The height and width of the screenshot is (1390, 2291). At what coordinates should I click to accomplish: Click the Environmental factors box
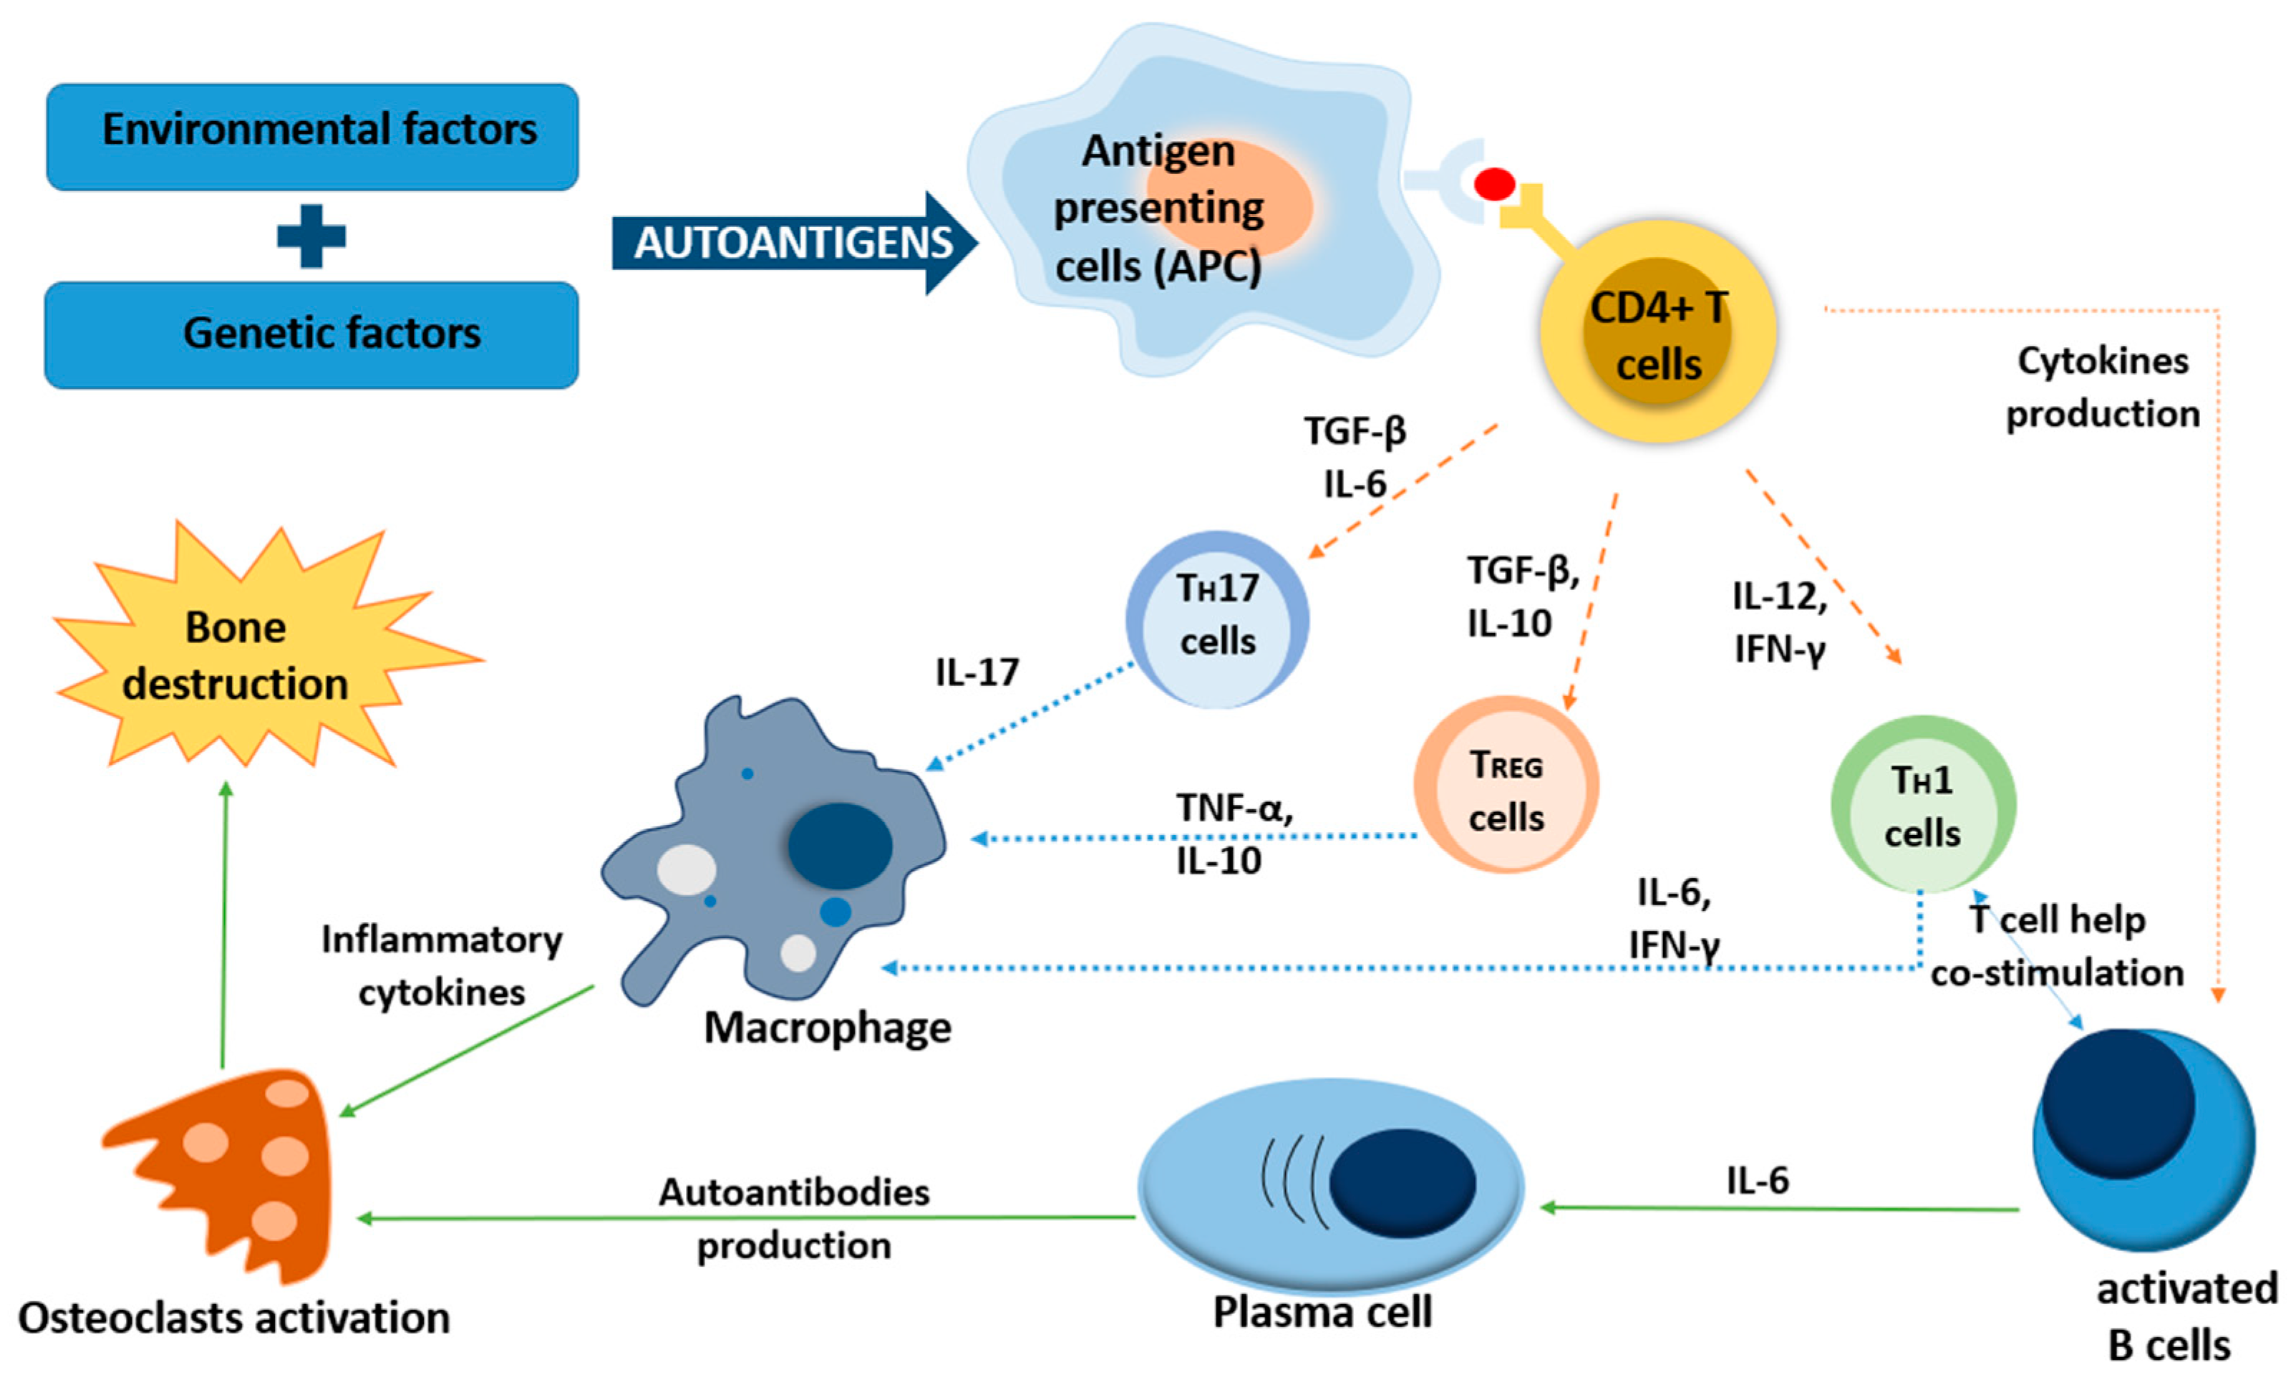pos(312,137)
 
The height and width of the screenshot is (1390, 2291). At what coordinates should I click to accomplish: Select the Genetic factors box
pos(311,334)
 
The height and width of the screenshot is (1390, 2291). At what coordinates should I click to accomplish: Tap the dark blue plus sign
pos(311,236)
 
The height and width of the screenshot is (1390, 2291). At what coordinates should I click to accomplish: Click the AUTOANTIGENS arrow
pos(795,243)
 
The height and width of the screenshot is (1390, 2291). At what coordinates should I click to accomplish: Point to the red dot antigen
pos(1494,183)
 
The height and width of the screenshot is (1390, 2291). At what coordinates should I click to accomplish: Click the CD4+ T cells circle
pos(1658,331)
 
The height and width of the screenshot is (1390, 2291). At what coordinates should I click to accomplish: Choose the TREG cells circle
pos(1506,783)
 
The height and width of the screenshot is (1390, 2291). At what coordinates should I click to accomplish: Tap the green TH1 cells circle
pos(1923,803)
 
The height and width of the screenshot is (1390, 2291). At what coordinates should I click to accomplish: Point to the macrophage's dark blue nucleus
pos(841,846)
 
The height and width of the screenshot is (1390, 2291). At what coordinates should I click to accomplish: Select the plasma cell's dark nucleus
pos(1402,1182)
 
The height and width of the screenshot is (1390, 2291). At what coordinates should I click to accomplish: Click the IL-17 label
pos(977,671)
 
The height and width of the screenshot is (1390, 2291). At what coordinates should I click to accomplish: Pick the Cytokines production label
pos(2103,387)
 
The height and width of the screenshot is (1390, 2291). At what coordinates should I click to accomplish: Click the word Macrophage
pos(828,1028)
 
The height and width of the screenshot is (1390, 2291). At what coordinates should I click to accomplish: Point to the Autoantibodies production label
pos(794,1218)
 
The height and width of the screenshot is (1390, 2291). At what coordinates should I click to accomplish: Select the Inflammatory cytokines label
pos(442,966)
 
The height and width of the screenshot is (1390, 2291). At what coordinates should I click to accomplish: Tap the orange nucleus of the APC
pos(1227,198)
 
